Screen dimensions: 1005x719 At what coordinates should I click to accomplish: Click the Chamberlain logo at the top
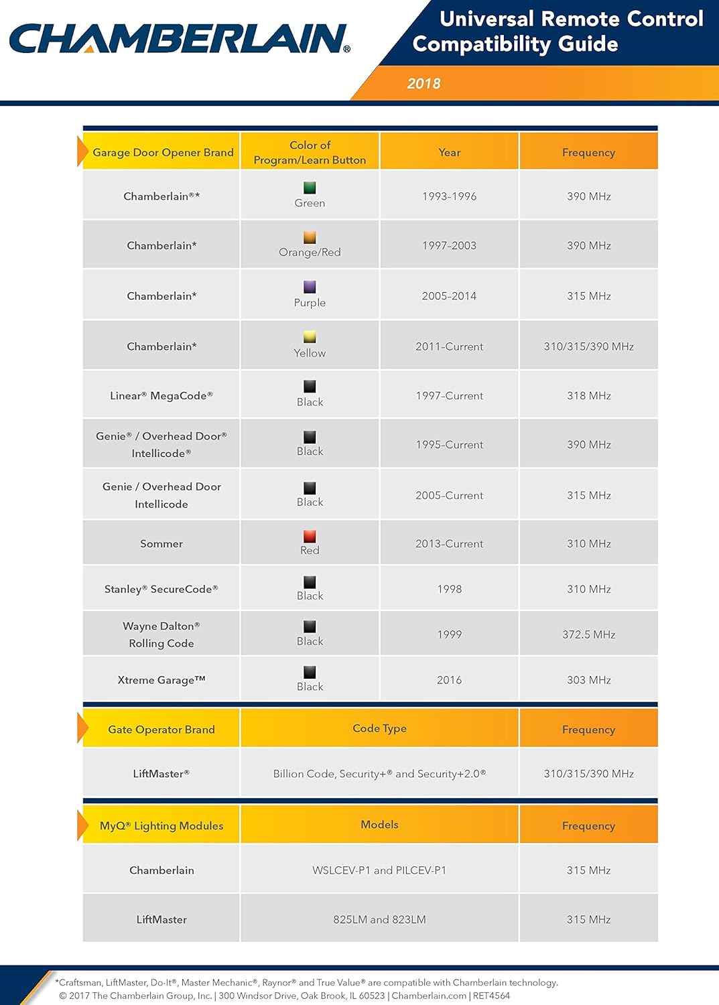pyautogui.click(x=179, y=38)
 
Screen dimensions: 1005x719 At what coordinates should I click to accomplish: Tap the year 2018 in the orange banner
pyautogui.click(x=423, y=84)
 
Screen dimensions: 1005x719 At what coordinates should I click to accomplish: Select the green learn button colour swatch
pyautogui.click(x=310, y=188)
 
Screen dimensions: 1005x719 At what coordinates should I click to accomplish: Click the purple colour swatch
pyautogui.click(x=310, y=287)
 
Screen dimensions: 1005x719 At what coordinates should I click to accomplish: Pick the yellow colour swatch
pyautogui.click(x=310, y=337)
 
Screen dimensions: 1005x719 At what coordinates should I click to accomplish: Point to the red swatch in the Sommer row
pyautogui.click(x=310, y=536)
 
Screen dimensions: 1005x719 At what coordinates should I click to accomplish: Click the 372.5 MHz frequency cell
pyautogui.click(x=588, y=634)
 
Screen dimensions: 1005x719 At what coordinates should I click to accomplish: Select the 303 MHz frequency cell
pyautogui.click(x=588, y=680)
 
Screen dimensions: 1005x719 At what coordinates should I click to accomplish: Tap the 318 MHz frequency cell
pyautogui.click(x=588, y=396)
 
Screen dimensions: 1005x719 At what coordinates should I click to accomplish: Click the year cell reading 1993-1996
pyautogui.click(x=449, y=196)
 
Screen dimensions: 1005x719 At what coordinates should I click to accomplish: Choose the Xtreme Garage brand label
pyautogui.click(x=161, y=680)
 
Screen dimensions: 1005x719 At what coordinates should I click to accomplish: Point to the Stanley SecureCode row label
pyautogui.click(x=161, y=589)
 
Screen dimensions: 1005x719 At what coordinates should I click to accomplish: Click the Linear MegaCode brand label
pyautogui.click(x=161, y=396)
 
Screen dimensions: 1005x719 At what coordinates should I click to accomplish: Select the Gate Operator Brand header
pyautogui.click(x=161, y=730)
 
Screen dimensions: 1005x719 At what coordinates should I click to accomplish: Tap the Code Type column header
pyautogui.click(x=379, y=728)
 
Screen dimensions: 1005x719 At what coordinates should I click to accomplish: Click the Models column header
pyautogui.click(x=379, y=825)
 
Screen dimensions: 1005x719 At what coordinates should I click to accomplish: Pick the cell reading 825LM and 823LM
pyautogui.click(x=379, y=920)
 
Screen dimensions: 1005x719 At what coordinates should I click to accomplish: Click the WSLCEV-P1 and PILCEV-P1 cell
pyautogui.click(x=379, y=870)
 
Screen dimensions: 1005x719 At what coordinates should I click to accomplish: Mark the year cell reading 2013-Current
pyautogui.click(x=449, y=544)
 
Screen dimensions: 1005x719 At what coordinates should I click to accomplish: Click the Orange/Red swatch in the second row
pyautogui.click(x=310, y=237)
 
